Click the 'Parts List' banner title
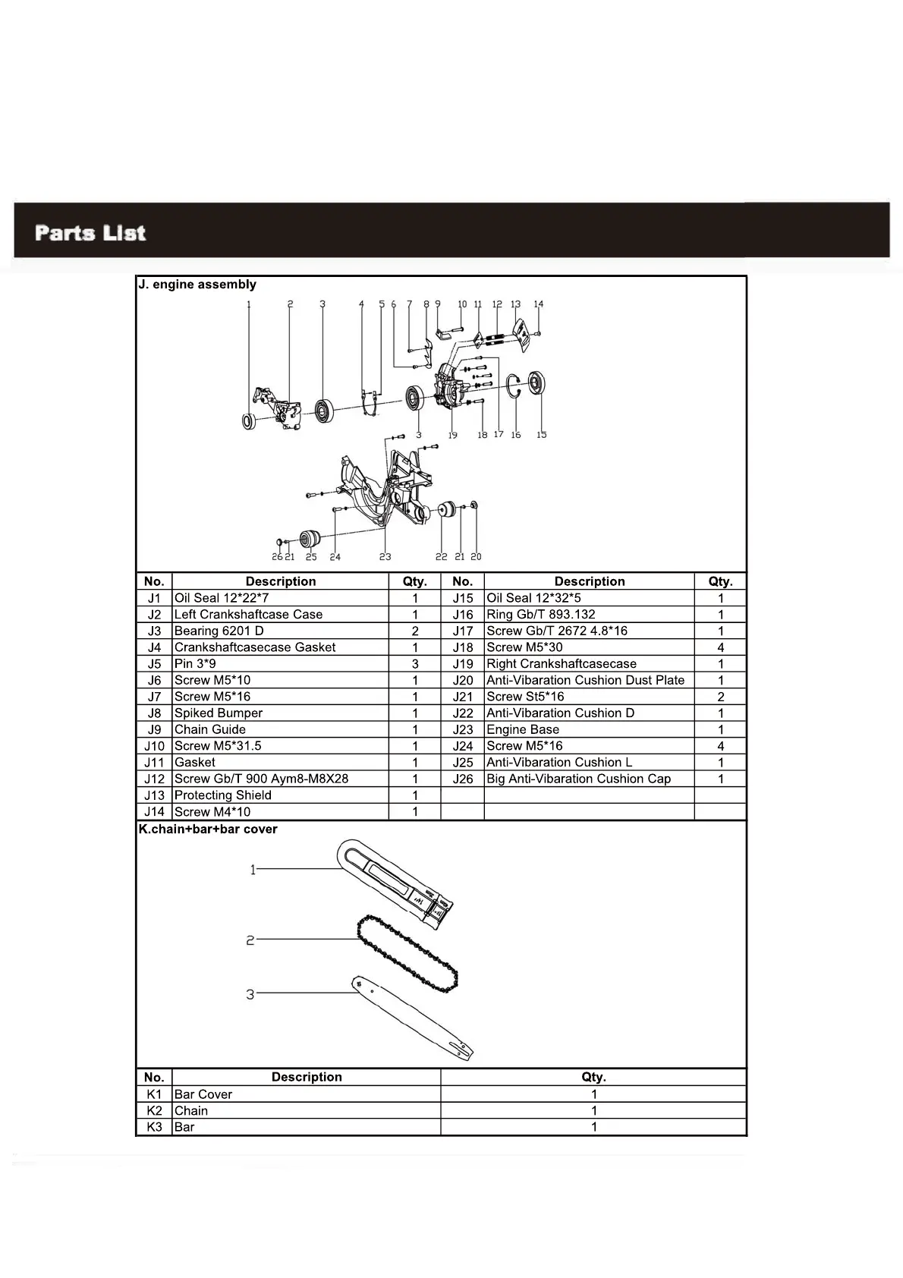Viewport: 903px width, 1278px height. pos(90,232)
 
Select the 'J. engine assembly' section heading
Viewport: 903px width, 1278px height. pos(197,285)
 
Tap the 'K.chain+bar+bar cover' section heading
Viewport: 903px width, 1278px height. pos(208,829)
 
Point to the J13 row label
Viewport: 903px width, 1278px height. pos(154,795)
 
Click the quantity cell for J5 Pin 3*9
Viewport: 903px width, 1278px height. pos(415,664)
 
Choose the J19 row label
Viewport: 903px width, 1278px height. pos(462,664)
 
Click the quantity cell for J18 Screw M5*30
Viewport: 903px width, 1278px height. pos(720,647)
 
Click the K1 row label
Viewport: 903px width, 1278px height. pos(154,1094)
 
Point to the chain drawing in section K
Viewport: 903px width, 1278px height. pos(407,953)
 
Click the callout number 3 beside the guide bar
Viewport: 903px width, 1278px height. pos(250,994)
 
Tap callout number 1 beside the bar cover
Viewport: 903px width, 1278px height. pos(253,870)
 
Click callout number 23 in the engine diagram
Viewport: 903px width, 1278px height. pos(385,557)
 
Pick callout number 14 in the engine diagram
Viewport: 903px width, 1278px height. pos(539,304)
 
